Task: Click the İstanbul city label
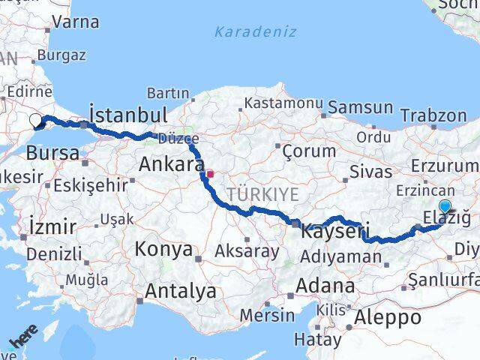click(127, 115)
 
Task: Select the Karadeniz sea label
click(255, 32)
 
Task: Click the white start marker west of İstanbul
click(36, 120)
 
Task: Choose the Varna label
click(76, 22)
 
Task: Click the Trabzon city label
click(433, 115)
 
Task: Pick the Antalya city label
click(181, 290)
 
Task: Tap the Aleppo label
click(390, 317)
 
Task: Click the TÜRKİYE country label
click(262, 195)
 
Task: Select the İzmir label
click(52, 226)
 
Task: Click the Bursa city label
click(52, 153)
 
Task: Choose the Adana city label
click(325, 286)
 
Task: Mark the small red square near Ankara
click(211, 174)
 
